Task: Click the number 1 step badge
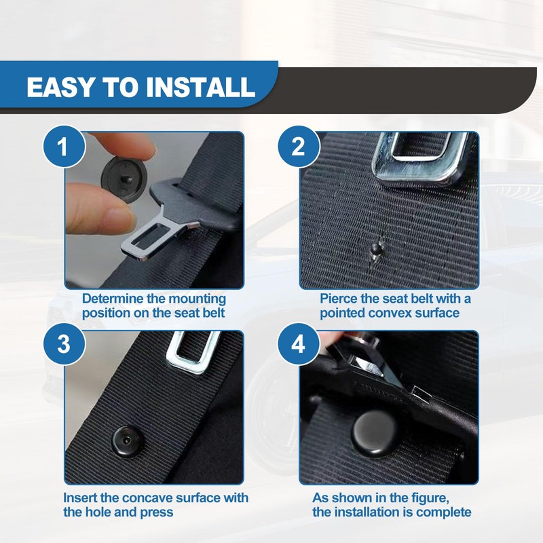64,147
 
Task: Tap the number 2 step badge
299,147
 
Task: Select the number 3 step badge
64,344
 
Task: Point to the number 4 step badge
299,344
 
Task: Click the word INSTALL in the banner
200,87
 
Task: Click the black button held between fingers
124,179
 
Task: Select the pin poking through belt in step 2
377,248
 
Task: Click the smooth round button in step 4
375,433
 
